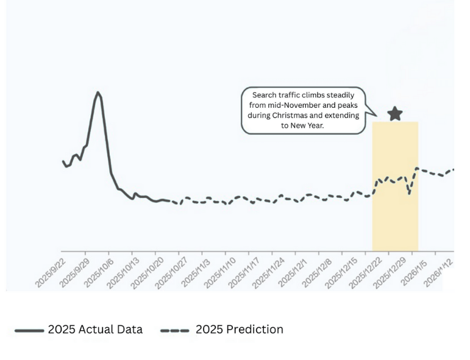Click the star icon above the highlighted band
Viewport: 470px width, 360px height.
pos(395,113)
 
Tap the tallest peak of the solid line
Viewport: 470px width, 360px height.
pos(98,93)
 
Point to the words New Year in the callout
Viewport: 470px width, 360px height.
pos(308,125)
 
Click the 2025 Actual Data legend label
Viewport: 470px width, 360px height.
pos(95,330)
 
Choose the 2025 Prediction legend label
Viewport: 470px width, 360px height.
pos(239,330)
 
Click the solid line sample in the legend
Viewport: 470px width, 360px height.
pos(29,330)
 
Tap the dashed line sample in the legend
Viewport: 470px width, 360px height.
pos(175,330)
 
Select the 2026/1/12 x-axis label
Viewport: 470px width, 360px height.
pos(440,273)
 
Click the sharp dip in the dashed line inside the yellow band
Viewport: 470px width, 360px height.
pos(409,193)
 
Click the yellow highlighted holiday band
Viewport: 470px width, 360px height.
pos(395,213)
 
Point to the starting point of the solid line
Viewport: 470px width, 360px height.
pos(63,161)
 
